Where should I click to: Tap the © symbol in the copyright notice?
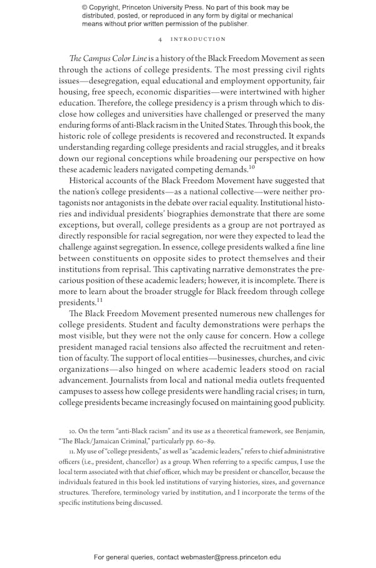coord(85,8)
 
